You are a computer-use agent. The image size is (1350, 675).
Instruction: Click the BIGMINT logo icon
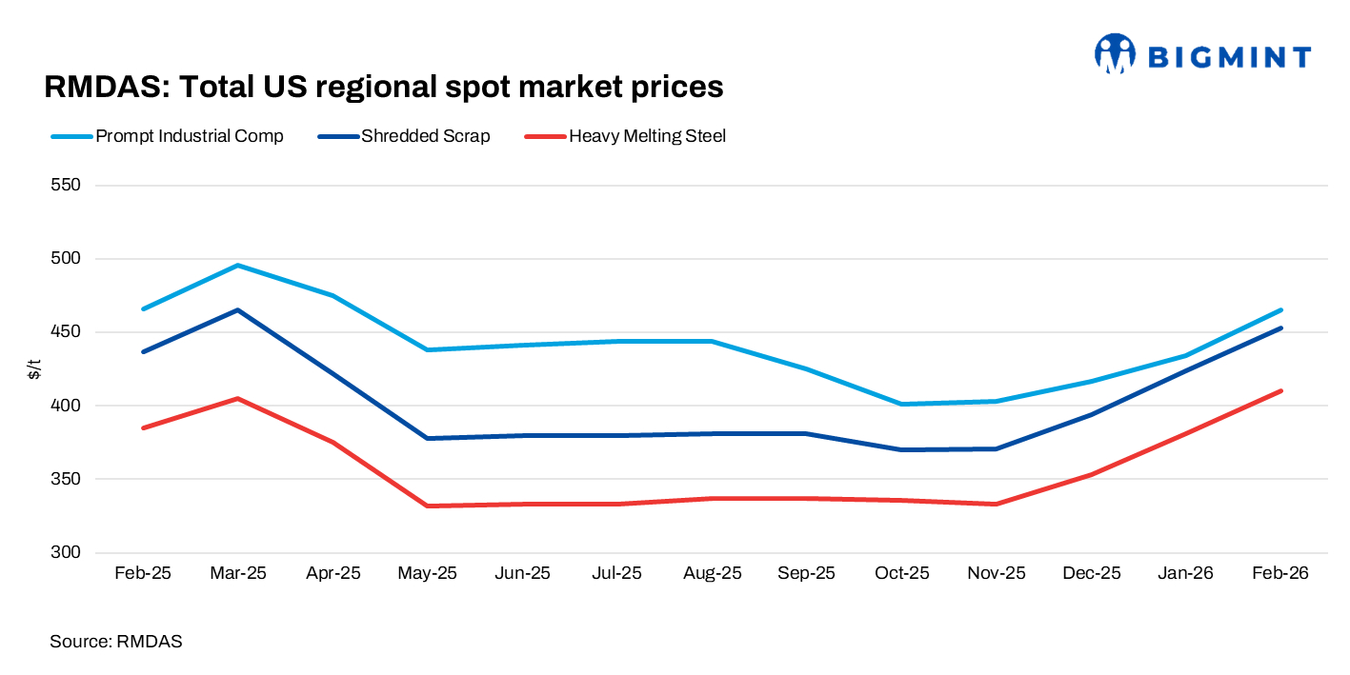pos(1115,54)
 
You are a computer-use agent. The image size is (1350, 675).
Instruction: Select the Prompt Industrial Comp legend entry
pos(189,136)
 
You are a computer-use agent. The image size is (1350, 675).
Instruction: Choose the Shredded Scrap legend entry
pos(425,136)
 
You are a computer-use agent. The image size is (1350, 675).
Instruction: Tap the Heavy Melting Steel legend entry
pos(647,136)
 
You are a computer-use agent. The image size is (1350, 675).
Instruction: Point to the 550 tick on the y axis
pos(65,186)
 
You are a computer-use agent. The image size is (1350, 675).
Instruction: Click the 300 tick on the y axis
pos(65,553)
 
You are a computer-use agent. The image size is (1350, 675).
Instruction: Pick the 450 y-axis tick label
pos(65,332)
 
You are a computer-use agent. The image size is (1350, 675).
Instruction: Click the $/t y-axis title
pos(34,369)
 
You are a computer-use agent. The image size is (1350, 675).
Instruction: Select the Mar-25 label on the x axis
pos(237,574)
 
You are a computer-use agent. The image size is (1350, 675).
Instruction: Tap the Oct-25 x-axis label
pos(902,574)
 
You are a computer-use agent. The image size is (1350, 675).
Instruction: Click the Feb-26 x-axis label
pos(1281,574)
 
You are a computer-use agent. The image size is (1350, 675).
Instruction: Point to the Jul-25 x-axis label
pos(617,574)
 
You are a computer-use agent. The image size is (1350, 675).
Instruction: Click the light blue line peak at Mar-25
pos(237,266)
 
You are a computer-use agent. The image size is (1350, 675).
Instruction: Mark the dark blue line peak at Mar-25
pos(237,310)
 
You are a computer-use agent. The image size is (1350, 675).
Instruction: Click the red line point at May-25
pos(428,506)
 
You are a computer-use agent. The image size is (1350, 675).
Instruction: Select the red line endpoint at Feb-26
pos(1281,390)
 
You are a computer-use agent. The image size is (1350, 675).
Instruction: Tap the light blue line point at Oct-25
pos(902,404)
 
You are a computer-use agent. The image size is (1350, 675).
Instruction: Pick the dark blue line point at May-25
pos(428,438)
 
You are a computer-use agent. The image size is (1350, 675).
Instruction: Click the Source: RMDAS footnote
pos(115,642)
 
